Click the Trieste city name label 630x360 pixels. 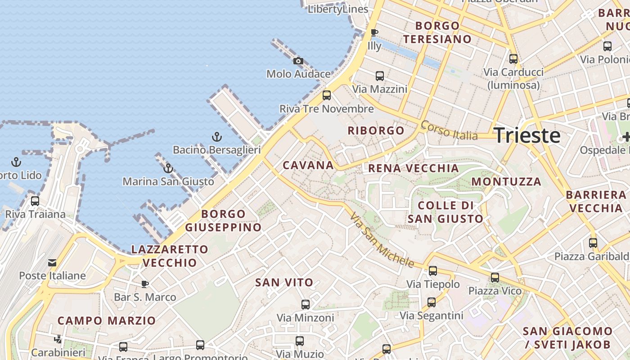click(x=527, y=135)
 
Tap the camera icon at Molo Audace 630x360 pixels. click(x=298, y=61)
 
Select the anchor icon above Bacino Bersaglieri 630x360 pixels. click(x=217, y=136)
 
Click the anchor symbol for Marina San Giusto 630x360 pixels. click(x=168, y=169)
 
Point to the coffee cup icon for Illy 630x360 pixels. click(x=374, y=32)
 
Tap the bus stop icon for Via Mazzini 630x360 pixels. click(x=380, y=76)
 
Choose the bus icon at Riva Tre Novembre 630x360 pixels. click(x=327, y=95)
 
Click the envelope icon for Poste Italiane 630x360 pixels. click(x=53, y=263)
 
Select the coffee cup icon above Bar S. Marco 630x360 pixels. click(x=144, y=284)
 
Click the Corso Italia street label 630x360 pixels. click(x=449, y=130)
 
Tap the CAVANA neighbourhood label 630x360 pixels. click(x=308, y=165)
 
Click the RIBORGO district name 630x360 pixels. click(x=376, y=130)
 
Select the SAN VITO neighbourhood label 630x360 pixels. click(x=284, y=283)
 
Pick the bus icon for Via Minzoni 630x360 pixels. click(x=306, y=305)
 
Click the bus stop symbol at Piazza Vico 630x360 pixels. click(x=495, y=278)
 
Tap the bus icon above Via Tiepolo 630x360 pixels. click(x=433, y=271)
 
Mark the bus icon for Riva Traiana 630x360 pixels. click(x=35, y=201)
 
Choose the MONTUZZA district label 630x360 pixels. click(x=506, y=182)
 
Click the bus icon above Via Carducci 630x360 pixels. click(x=513, y=59)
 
